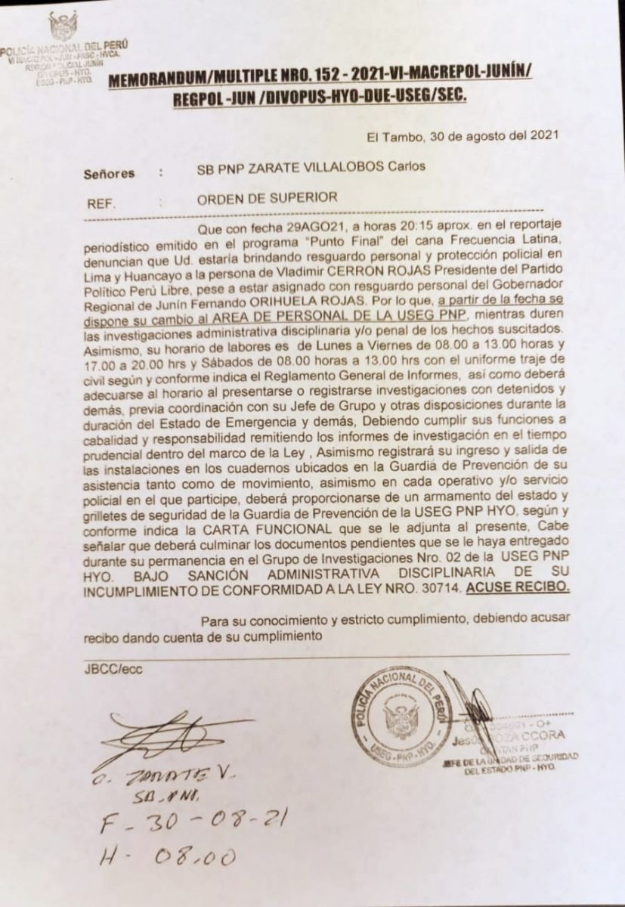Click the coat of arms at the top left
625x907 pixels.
tap(63, 26)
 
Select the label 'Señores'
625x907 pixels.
tap(110, 173)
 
